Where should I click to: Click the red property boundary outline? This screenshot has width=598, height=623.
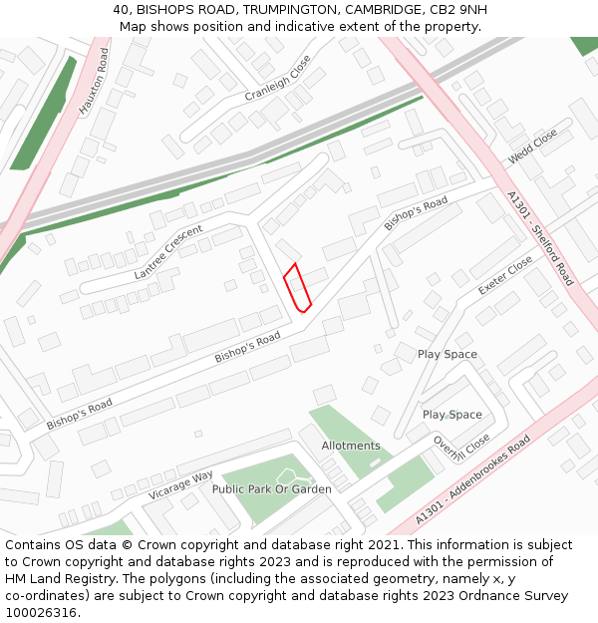point(298,288)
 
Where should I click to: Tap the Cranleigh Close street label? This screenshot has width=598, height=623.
point(278,79)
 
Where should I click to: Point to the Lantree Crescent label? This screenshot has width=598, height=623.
point(168,251)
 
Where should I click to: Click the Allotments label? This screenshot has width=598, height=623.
point(351,446)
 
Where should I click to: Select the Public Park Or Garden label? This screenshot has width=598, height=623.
point(271,489)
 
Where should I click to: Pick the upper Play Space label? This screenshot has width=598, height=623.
point(447,354)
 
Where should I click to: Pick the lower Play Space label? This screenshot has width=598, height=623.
point(451,415)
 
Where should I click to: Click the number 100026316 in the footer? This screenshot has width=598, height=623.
point(39,612)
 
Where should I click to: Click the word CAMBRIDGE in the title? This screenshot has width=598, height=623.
point(387,9)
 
